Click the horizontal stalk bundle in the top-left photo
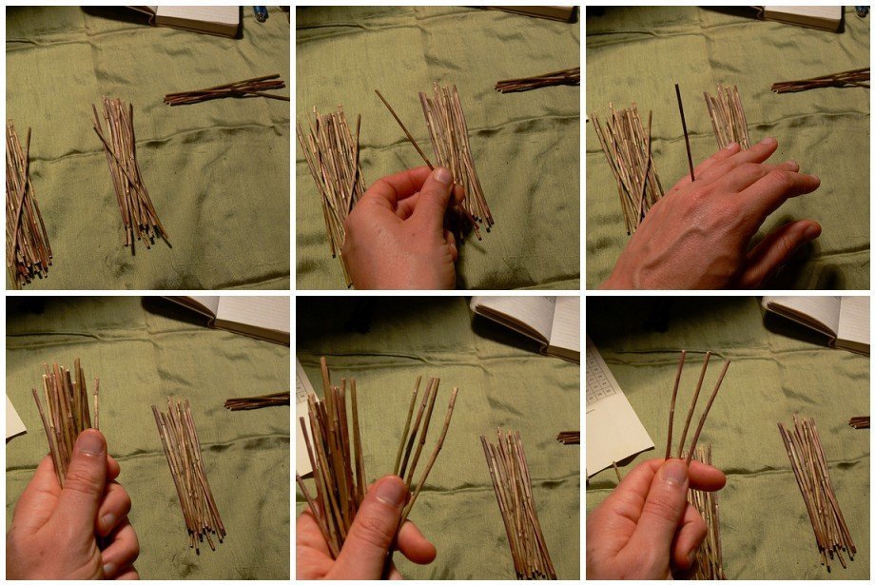point(225,91)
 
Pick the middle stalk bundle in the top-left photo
point(127,171)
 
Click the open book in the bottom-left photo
point(234,318)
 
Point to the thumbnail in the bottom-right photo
point(675,473)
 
